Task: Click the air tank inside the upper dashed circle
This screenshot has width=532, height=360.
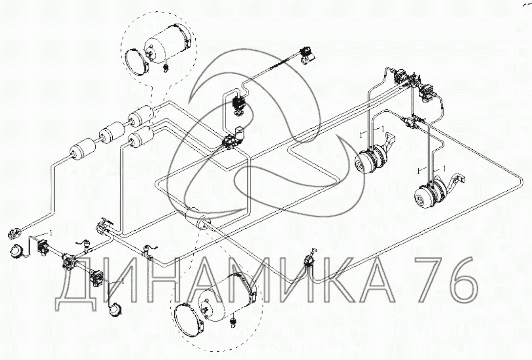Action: [x=167, y=43]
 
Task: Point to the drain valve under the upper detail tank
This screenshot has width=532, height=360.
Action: [x=166, y=67]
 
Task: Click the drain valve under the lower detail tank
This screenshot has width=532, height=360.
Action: [x=233, y=321]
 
